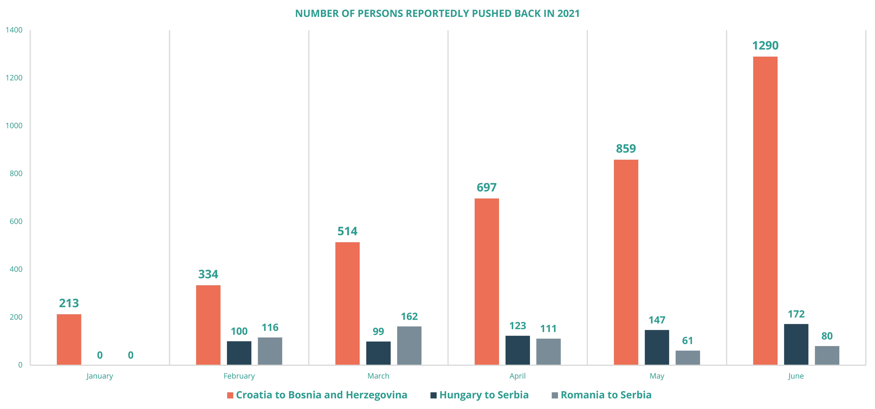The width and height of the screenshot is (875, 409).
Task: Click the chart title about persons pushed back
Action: click(437, 14)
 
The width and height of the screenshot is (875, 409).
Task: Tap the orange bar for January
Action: click(69, 339)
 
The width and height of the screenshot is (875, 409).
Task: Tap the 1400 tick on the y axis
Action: click(14, 30)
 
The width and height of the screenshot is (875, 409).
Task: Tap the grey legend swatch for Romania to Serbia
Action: click(555, 395)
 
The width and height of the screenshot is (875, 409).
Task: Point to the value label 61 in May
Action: click(688, 341)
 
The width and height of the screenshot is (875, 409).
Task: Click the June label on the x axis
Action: click(796, 376)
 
